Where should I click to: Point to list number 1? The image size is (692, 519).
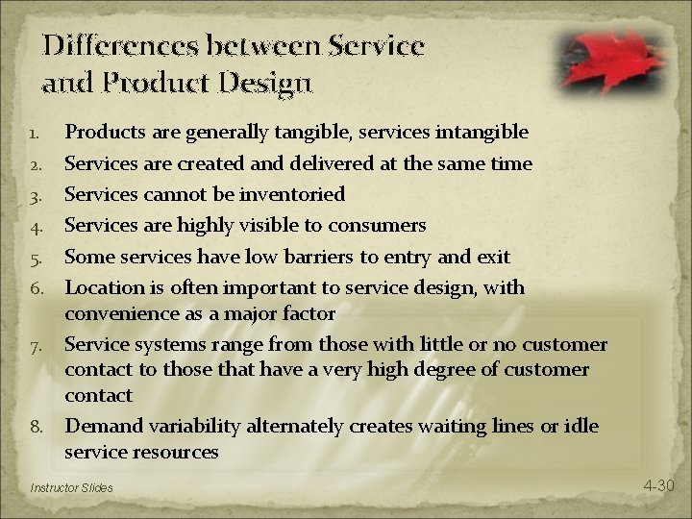click(36, 132)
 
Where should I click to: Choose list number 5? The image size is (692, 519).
click(36, 258)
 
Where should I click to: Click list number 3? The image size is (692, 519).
click(36, 194)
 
